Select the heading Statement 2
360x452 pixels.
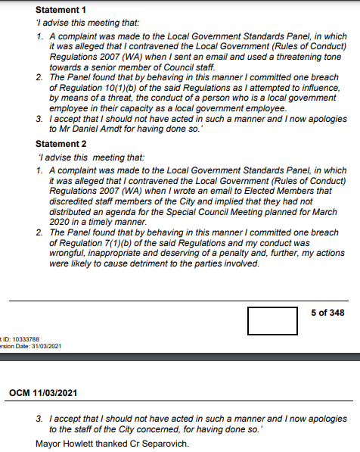(x=61, y=143)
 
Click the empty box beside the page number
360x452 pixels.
(x=272, y=320)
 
